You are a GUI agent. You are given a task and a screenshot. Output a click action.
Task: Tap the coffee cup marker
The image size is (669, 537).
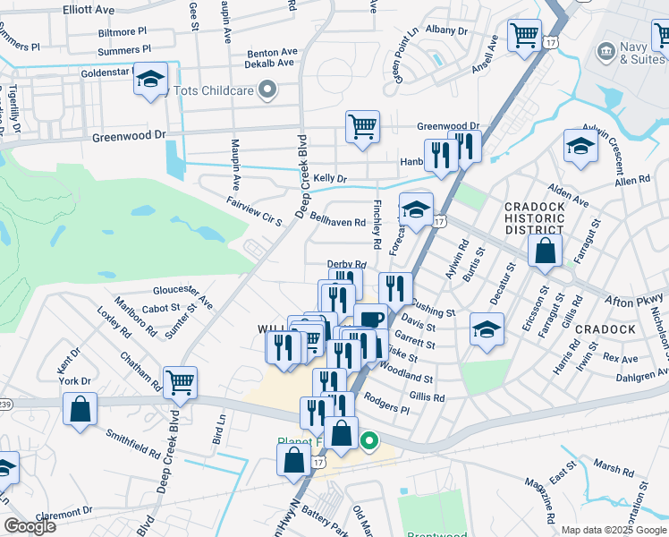(371, 319)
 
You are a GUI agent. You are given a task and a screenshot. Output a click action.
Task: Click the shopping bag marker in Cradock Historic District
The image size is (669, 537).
(545, 251)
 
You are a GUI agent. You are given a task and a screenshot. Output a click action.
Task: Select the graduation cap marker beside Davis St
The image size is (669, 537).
(487, 329)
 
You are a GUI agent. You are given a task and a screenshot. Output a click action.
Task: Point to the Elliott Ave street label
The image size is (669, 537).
(89, 10)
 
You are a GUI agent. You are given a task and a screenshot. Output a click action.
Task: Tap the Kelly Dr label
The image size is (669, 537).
(329, 179)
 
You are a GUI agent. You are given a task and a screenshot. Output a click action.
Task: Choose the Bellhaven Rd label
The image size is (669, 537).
(338, 222)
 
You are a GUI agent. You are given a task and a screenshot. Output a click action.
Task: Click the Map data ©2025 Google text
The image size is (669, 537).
(614, 530)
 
